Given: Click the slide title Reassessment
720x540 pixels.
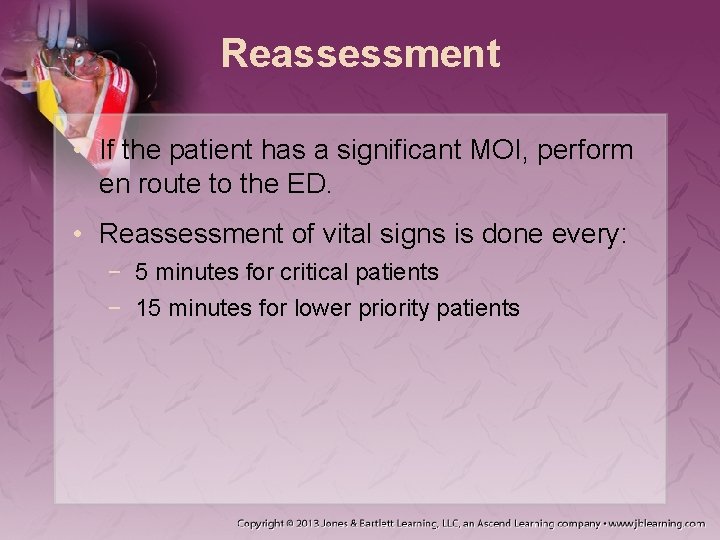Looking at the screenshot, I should (360, 54).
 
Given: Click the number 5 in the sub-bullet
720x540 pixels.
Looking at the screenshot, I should (143, 272).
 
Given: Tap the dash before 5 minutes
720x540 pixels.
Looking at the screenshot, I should (119, 272).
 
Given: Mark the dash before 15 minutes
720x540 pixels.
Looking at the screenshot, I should (119, 308).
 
